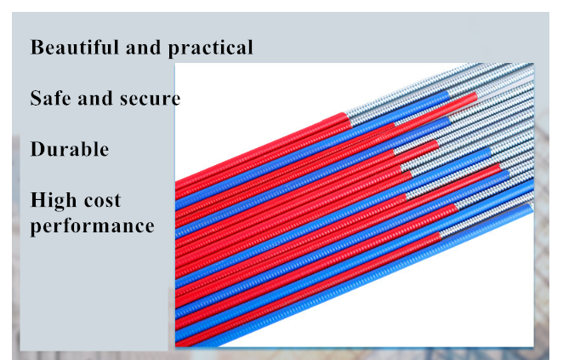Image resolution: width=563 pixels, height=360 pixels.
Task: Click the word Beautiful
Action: pyautogui.click(x=75, y=47)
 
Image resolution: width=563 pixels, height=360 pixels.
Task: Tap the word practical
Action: pyautogui.click(x=210, y=49)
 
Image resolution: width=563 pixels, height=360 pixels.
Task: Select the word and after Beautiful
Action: pyautogui.click(x=143, y=48)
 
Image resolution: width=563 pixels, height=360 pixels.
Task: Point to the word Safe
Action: pyautogui.click(x=51, y=98)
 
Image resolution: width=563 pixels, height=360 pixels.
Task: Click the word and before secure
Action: pyautogui.click(x=95, y=98)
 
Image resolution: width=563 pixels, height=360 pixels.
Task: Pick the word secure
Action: pyautogui.click(x=150, y=100)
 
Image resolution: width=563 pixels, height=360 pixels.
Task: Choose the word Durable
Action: pyautogui.click(x=70, y=149)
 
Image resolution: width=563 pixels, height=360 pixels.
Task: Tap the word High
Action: pyautogui.click(x=54, y=201)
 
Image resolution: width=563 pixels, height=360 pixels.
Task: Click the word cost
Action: pyautogui.click(x=103, y=201)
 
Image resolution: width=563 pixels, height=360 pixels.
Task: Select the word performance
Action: pyautogui.click(x=93, y=227)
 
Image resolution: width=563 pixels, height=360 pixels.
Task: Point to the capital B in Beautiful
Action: pyautogui.click(x=37, y=47)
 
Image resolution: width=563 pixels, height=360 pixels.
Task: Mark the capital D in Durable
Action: pyautogui.click(x=38, y=149)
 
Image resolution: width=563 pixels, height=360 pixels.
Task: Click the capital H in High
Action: pyautogui.click(x=39, y=200)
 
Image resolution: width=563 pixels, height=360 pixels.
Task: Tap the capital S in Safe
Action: pyautogui.click(x=36, y=98)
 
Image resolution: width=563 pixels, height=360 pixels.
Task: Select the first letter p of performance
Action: pyautogui.click(x=36, y=228)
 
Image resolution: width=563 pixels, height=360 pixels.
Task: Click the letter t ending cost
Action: pyautogui.click(x=117, y=202)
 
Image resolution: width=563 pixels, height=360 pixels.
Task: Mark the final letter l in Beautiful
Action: pyautogui.click(x=116, y=47)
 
